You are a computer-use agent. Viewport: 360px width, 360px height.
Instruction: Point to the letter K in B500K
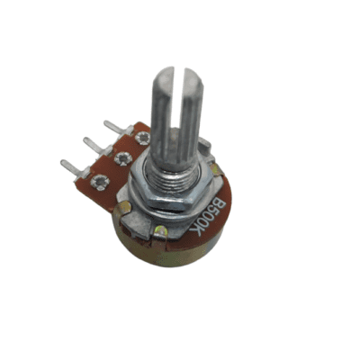coord(196,230)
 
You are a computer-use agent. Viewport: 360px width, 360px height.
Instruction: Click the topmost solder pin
coord(118,128)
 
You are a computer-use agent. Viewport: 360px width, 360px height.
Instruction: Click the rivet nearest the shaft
coord(142,138)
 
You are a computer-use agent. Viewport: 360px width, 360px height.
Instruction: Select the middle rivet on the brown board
coord(123,158)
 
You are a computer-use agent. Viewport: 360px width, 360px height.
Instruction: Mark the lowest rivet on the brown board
coord(99,182)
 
